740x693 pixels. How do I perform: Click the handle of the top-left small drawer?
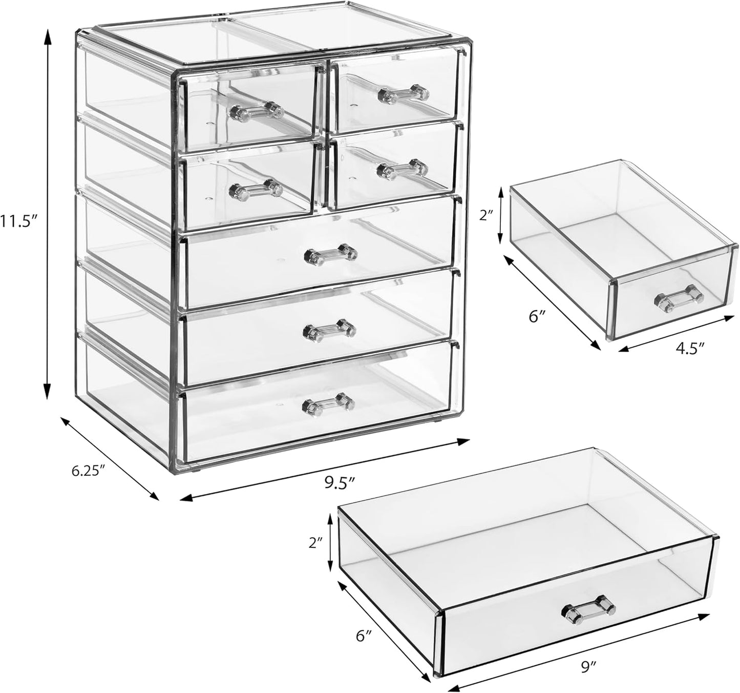257,110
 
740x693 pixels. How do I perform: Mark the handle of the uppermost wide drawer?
330,253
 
